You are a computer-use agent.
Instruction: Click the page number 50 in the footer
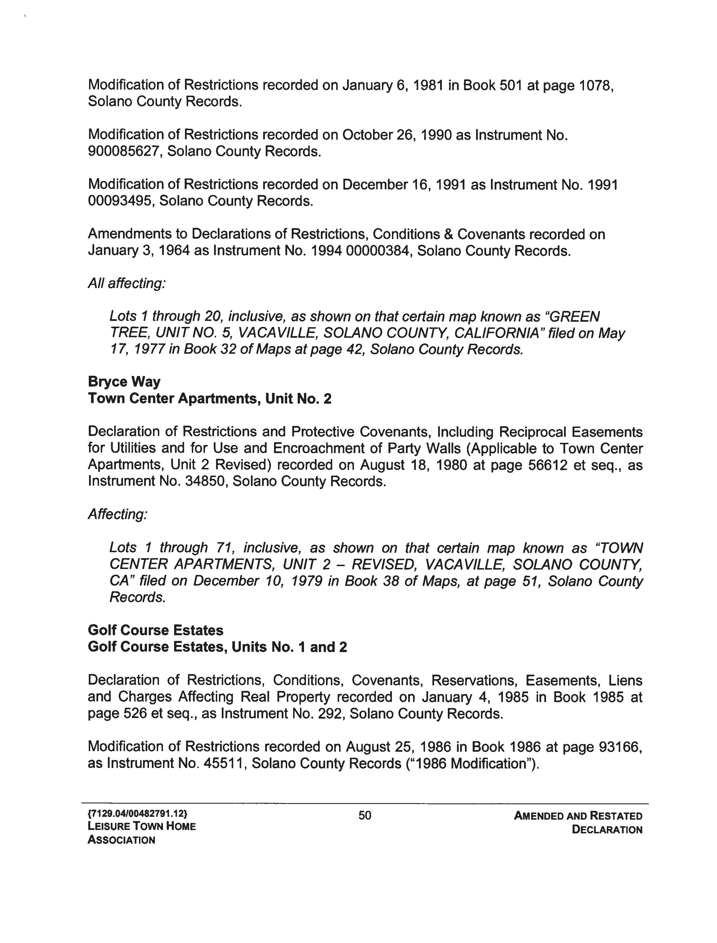click(x=365, y=816)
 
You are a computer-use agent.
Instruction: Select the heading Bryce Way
click(x=124, y=382)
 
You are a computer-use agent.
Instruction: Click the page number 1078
click(x=596, y=85)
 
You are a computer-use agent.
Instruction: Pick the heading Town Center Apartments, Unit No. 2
click(x=210, y=399)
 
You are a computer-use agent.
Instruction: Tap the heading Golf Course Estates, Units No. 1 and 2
click(x=217, y=647)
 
